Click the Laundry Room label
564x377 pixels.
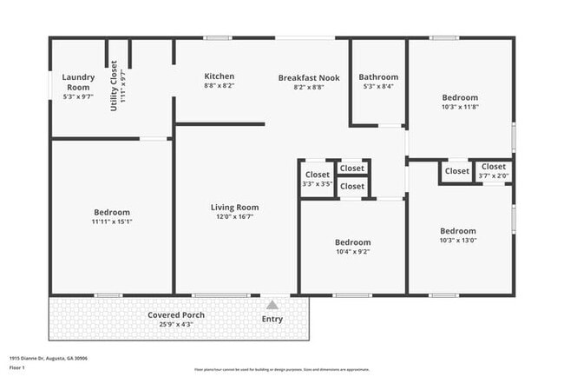click(77, 83)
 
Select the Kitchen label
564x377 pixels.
click(219, 76)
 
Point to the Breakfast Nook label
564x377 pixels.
click(308, 77)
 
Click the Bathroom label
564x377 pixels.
click(378, 76)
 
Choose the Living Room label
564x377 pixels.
click(234, 208)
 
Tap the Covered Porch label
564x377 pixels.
click(175, 314)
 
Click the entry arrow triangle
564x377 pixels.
click(272, 305)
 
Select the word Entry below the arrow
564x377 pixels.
click(272, 319)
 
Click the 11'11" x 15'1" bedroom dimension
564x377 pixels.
click(112, 222)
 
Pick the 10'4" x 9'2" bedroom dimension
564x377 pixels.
click(352, 252)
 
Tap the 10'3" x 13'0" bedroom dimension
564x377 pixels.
click(458, 240)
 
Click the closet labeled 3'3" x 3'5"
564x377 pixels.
click(318, 184)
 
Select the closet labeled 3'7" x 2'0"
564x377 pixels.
click(493, 176)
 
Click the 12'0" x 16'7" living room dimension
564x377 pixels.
click(234, 217)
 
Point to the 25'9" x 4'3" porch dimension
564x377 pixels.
click(175, 324)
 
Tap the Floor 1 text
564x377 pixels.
click(18, 367)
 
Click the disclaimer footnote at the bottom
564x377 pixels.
click(281, 368)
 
